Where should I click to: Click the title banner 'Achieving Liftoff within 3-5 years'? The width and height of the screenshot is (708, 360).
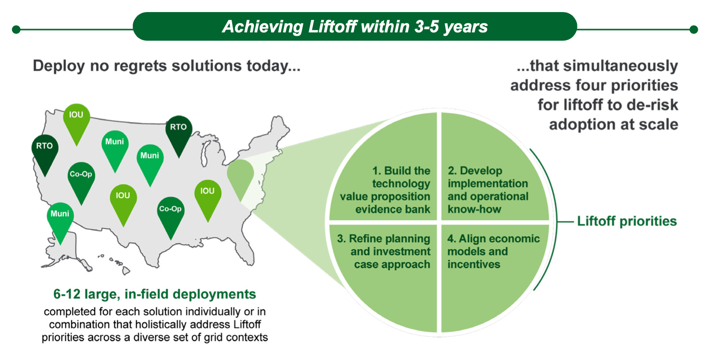pos(354,27)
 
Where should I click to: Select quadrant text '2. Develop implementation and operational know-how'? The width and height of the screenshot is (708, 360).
pos(487,190)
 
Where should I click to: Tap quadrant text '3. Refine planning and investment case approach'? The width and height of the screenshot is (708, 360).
pos(383,252)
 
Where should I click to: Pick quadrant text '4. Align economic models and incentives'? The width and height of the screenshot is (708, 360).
pos(493,252)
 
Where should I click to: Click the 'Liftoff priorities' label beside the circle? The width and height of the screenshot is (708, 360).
pos(627,221)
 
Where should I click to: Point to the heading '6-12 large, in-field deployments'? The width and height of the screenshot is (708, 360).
pos(155,294)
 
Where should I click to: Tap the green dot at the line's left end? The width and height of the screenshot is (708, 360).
pos(16,30)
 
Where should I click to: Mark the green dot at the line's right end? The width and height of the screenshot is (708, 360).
pos(694,30)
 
